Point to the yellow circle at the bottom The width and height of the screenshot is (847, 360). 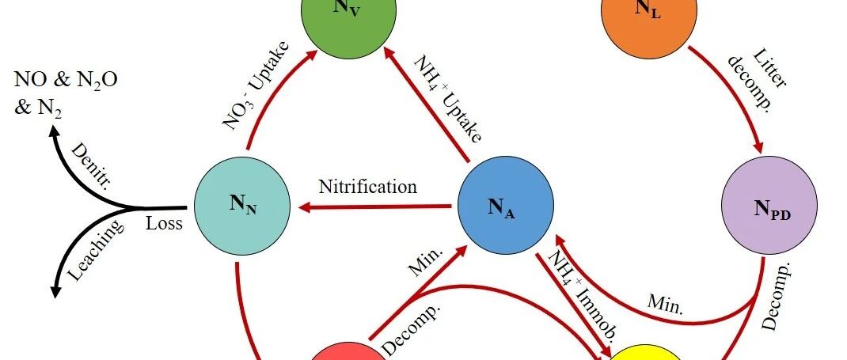coord(651,353)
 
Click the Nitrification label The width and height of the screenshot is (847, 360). coord(367,188)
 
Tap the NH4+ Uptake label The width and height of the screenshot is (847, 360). coord(447,100)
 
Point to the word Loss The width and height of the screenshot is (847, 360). coord(164,223)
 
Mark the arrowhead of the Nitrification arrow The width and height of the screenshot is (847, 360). coord(303,208)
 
